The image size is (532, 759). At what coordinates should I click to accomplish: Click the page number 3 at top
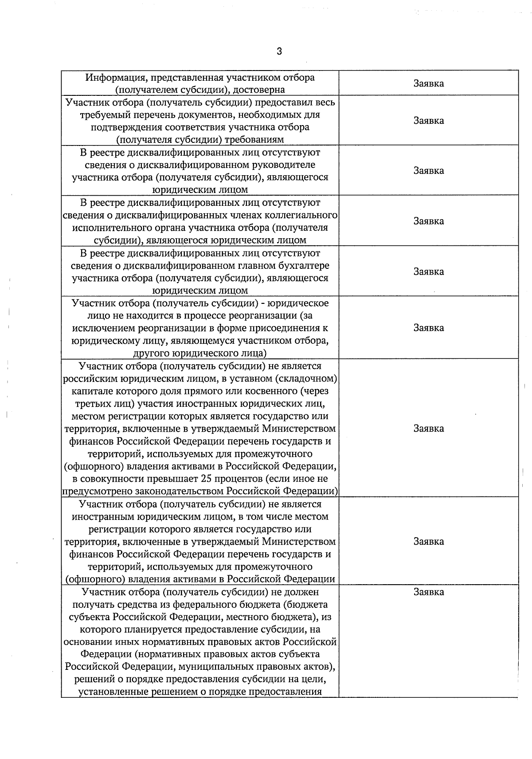coord(279,51)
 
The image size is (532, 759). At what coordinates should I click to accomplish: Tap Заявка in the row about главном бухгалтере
coord(428,271)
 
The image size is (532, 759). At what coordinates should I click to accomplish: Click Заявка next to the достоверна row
coord(428,83)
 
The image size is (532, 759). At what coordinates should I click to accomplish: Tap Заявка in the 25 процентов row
coord(428,429)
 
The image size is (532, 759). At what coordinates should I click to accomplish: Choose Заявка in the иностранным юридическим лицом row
coord(428,542)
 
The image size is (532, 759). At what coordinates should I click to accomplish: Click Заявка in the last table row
coord(428,592)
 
